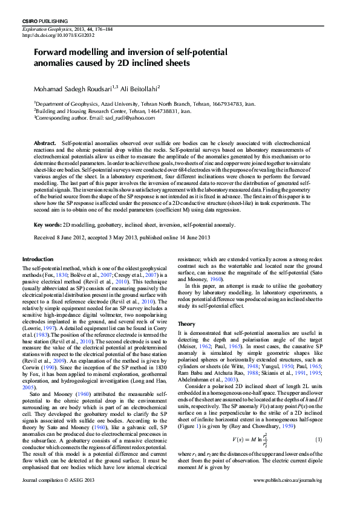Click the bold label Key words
click(x=47, y=224)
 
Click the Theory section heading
click(x=187, y=324)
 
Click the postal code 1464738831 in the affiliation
click(x=173, y=111)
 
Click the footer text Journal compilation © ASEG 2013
click(x=58, y=496)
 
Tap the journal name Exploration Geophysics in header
click(x=47, y=29)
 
